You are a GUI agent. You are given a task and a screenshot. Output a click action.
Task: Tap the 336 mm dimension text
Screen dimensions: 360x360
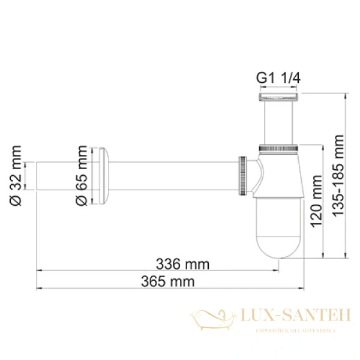point(182,263)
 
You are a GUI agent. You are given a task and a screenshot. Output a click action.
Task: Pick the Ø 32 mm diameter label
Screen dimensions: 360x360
point(16,176)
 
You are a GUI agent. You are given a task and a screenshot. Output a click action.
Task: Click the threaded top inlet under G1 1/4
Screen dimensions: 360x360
point(278,96)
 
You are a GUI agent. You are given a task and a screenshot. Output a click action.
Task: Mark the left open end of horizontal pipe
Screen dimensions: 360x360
point(38,176)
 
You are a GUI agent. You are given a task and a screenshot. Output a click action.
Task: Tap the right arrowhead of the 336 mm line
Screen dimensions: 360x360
point(277,271)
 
